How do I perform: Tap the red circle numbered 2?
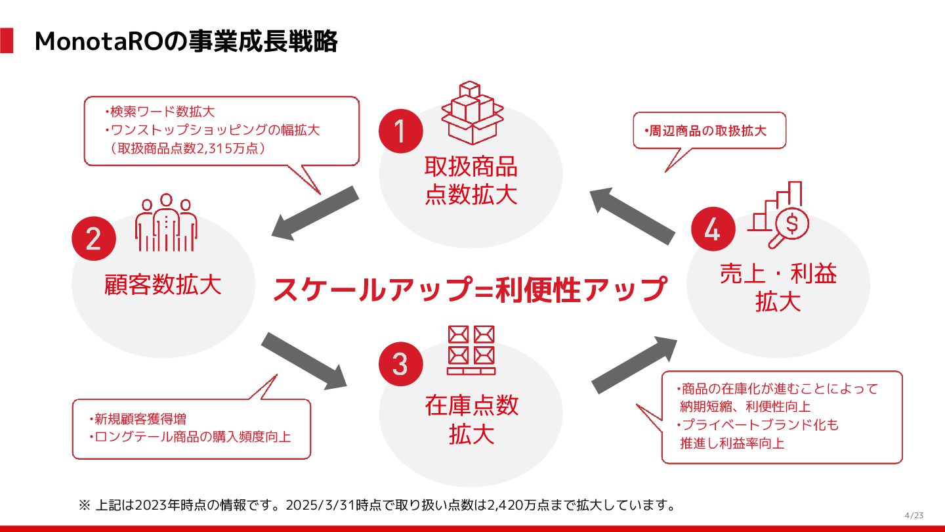(x=94, y=238)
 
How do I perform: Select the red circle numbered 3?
(x=400, y=364)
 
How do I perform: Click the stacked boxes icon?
(x=472, y=112)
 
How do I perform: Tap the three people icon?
(x=166, y=223)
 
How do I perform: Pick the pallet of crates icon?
(x=471, y=350)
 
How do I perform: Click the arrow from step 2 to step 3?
(x=304, y=359)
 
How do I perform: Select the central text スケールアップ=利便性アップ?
(x=470, y=289)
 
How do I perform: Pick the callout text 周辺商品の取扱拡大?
(x=709, y=130)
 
